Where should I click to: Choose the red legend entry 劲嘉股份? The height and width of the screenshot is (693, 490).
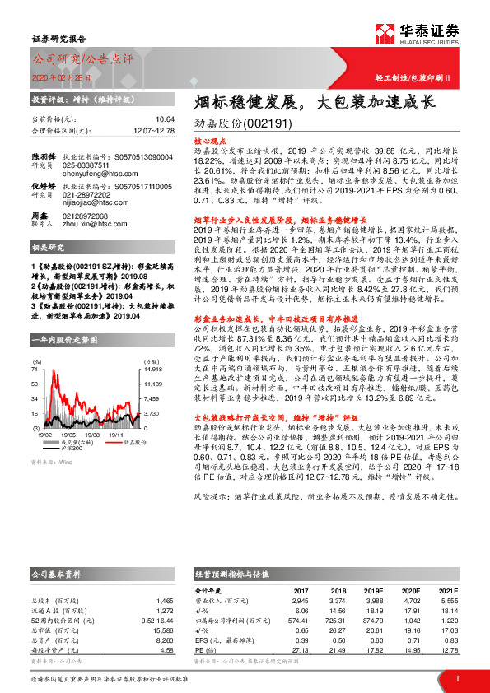pyautogui.click(x=124, y=442)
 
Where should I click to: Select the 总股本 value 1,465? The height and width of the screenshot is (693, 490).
pyautogui.click(x=165, y=602)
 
